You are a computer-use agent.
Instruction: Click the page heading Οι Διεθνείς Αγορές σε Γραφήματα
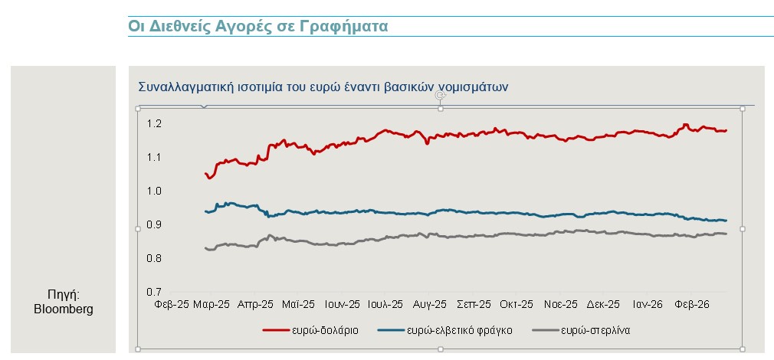258,25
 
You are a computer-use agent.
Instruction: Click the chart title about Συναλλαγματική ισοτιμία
323,86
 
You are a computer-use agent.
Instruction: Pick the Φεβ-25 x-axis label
171,304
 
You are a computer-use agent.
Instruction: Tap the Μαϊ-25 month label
298,304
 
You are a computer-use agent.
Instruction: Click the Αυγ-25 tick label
429,304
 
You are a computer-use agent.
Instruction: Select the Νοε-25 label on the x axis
560,304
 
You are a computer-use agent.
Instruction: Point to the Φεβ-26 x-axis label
691,304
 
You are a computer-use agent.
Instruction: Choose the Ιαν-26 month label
647,304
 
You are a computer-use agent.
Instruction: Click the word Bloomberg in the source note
64,309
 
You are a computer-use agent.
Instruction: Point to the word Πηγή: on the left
64,295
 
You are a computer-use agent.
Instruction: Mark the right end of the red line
726,131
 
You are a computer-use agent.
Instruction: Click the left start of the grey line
205,247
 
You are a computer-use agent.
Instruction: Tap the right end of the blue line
726,221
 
